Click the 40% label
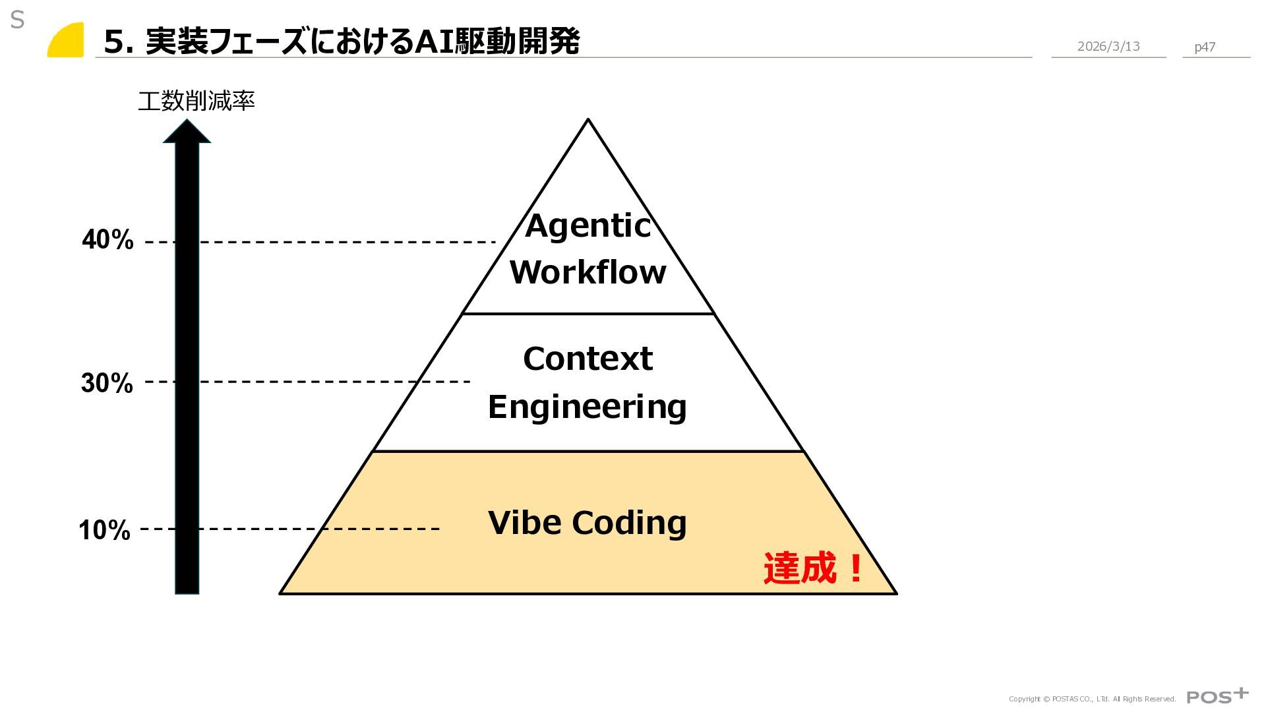[107, 240]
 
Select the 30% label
[107, 383]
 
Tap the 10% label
[104, 530]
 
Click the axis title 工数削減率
[196, 102]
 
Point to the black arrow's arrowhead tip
[187, 121]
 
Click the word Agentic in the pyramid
[588, 226]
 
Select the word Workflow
[588, 272]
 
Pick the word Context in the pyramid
[588, 359]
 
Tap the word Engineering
[587, 407]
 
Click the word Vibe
[525, 523]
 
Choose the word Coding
[629, 523]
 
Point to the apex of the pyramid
[588, 120]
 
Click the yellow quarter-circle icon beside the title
[67, 40]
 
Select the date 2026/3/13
[1108, 47]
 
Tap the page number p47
[1205, 47]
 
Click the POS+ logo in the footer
[1217, 696]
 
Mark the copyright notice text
[1092, 699]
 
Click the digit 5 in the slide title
[115, 42]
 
